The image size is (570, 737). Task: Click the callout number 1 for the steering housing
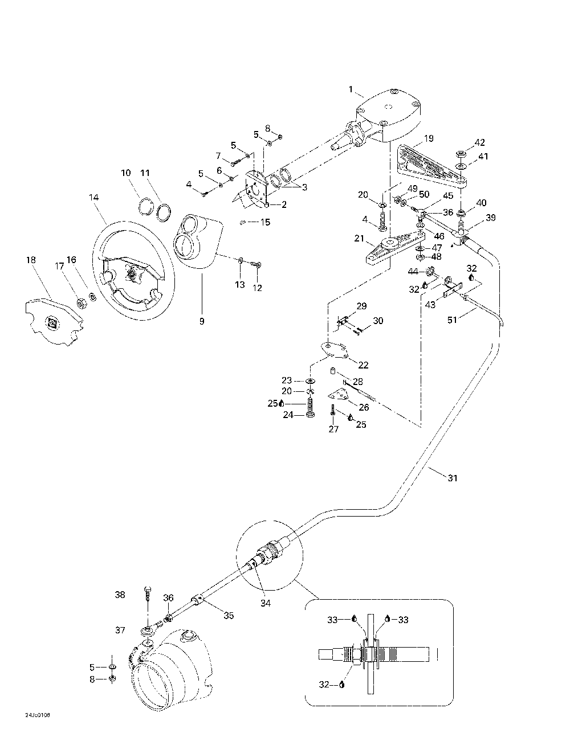click(x=352, y=89)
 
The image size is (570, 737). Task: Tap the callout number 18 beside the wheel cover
click(x=31, y=260)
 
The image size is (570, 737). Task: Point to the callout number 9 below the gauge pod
click(x=201, y=321)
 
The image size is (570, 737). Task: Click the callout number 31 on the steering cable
click(x=452, y=478)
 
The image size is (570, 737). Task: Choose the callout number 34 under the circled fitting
click(x=266, y=603)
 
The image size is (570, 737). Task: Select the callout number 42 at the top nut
click(x=481, y=142)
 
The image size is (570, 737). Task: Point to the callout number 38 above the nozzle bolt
click(x=120, y=595)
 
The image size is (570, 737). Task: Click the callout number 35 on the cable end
click(x=229, y=615)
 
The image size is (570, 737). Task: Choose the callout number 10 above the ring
click(x=125, y=173)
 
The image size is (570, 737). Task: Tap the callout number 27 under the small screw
click(x=333, y=429)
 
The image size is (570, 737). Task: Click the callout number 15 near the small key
click(x=266, y=222)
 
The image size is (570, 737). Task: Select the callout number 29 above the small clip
click(x=361, y=306)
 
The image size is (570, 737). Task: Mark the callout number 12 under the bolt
click(x=258, y=288)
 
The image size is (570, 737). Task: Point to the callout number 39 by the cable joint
click(x=490, y=218)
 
